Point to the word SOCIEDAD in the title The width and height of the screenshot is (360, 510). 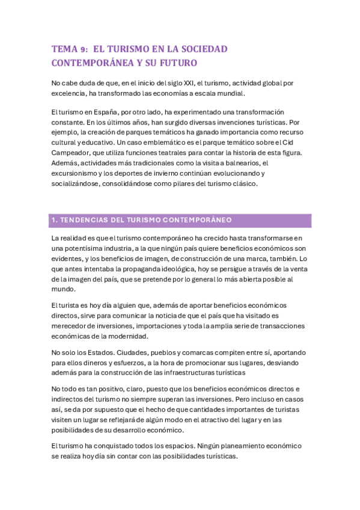(203, 49)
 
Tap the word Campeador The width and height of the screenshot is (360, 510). (73, 153)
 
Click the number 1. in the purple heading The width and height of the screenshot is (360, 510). (55, 220)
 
